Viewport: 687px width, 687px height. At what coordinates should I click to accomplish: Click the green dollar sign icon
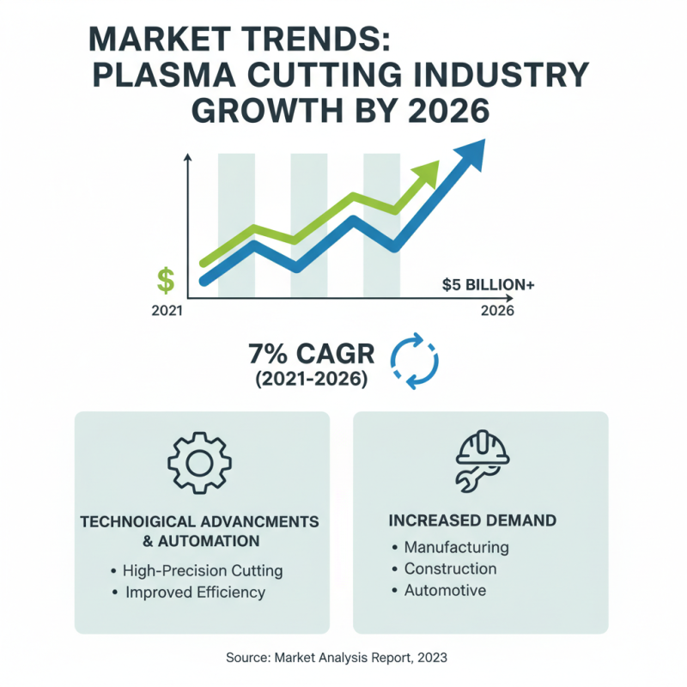166,281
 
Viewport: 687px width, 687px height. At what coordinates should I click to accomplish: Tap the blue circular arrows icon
415,361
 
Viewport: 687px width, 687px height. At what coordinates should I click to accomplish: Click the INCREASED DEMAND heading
472,520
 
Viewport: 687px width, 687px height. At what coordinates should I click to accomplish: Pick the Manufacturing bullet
456,547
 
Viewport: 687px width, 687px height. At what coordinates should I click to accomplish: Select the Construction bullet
450,568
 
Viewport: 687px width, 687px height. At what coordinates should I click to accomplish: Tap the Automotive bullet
445,591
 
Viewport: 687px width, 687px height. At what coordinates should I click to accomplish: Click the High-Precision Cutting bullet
203,570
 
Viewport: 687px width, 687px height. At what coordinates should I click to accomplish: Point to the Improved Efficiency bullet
195,593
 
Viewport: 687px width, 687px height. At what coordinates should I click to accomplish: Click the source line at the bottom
343,657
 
